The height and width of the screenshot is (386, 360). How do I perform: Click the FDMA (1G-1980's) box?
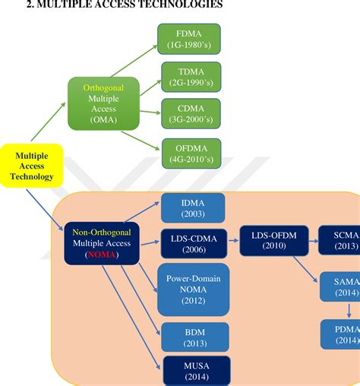[188, 39]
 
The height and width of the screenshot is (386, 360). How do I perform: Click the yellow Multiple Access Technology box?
[32, 165]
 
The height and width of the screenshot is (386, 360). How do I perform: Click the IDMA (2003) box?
[192, 208]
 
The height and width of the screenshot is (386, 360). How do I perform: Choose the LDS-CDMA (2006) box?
[192, 245]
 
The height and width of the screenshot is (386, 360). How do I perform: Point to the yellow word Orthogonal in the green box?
[104, 87]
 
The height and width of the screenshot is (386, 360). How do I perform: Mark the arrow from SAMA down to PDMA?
[349, 310]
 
